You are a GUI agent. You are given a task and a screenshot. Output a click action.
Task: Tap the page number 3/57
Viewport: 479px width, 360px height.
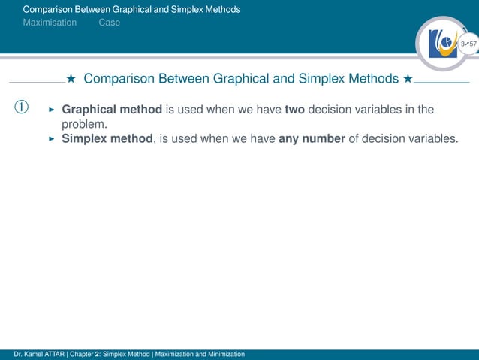468,45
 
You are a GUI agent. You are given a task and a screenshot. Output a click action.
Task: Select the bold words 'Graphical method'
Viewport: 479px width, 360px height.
112,110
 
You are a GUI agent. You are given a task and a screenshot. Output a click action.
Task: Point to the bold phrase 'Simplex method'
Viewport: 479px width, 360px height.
107,138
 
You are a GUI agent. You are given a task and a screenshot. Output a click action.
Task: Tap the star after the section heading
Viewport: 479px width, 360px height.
408,79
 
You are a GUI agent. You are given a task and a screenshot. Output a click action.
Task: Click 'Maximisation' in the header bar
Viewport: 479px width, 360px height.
50,23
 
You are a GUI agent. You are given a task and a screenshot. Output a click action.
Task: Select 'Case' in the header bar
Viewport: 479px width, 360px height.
109,23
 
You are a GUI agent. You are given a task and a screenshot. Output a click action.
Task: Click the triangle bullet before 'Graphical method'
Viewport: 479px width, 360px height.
52,110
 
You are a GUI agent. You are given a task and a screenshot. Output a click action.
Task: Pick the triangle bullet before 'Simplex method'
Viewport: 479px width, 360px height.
52,138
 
